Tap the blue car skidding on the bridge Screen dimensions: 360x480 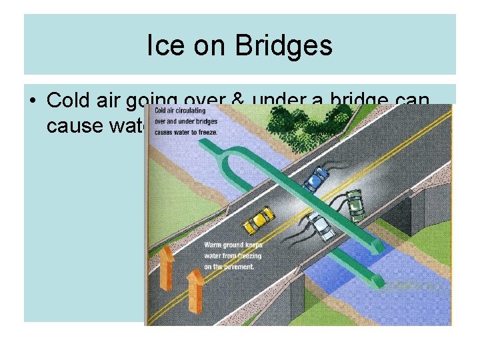[316, 178]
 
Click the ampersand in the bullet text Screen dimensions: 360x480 [236, 100]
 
